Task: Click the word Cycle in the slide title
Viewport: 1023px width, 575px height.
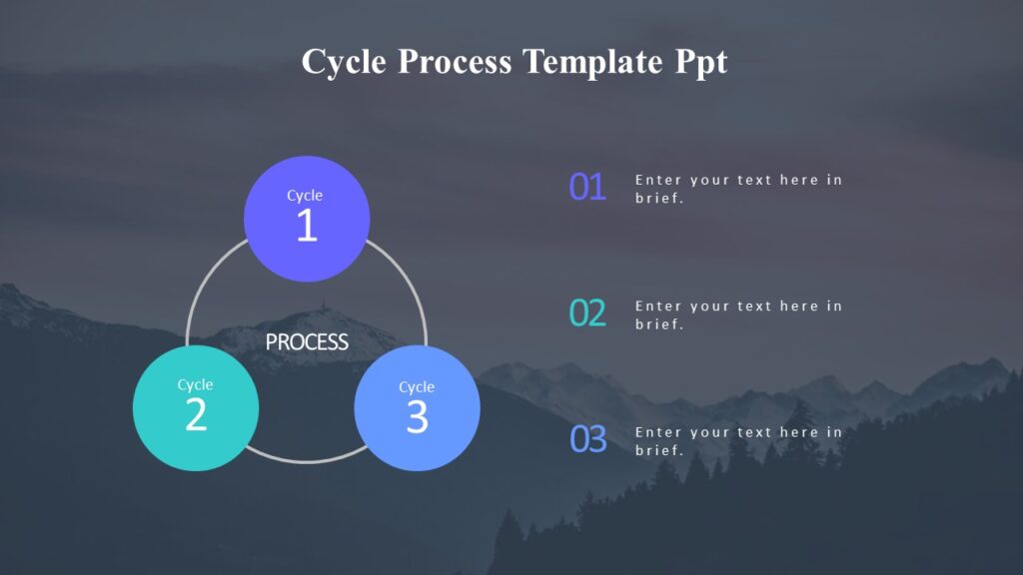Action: pyautogui.click(x=345, y=62)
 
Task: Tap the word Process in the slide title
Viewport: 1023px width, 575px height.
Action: pyautogui.click(x=456, y=62)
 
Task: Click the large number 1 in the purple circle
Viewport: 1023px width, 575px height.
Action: pyautogui.click(x=306, y=227)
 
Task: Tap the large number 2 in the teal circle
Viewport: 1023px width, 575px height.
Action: pyautogui.click(x=196, y=415)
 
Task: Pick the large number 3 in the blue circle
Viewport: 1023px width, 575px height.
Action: pyautogui.click(x=417, y=417)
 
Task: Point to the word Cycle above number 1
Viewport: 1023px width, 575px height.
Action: pyautogui.click(x=305, y=196)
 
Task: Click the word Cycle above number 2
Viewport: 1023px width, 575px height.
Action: pyautogui.click(x=196, y=384)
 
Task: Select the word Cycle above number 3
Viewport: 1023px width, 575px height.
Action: pyautogui.click(x=417, y=387)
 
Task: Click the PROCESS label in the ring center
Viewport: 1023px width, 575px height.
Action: pyautogui.click(x=307, y=342)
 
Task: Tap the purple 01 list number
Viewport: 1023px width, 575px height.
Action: pyautogui.click(x=587, y=187)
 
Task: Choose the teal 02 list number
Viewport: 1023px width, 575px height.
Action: pyautogui.click(x=587, y=313)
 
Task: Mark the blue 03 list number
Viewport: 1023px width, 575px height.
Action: pyautogui.click(x=587, y=439)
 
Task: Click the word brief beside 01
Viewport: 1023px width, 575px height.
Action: pyautogui.click(x=658, y=198)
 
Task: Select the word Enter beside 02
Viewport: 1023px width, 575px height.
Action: pyautogui.click(x=657, y=306)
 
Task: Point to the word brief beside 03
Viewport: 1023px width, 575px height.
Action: pyautogui.click(x=658, y=450)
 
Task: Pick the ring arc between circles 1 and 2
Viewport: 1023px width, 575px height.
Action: pyautogui.click(x=201, y=289)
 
